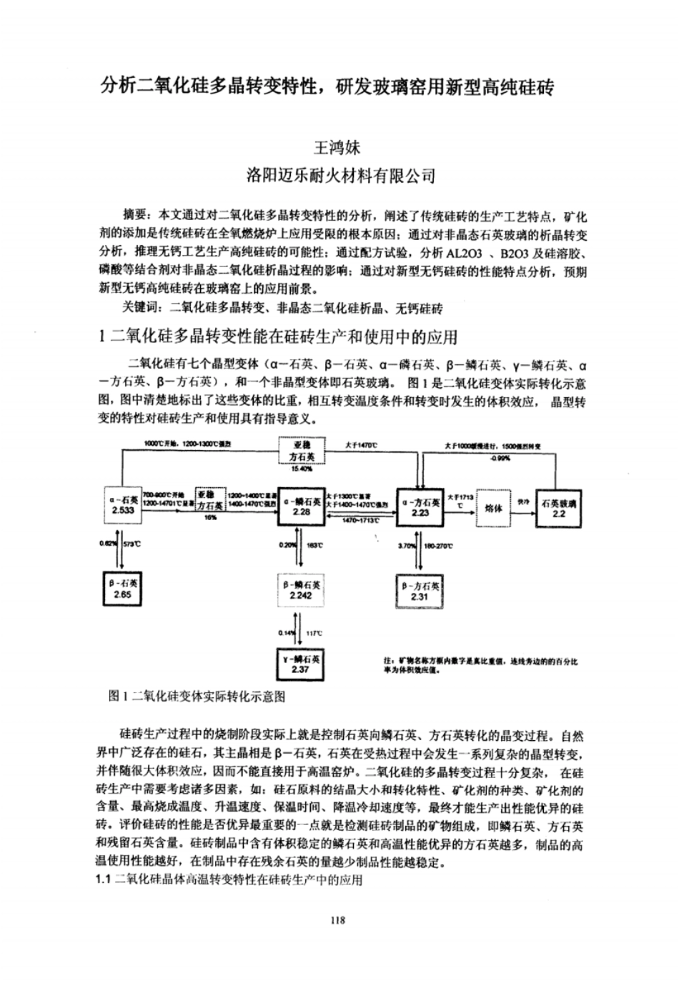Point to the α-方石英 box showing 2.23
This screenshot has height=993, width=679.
pyautogui.click(x=420, y=507)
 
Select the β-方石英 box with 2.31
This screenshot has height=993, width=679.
pyautogui.click(x=419, y=591)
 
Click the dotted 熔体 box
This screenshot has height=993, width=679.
pyautogui.click(x=494, y=508)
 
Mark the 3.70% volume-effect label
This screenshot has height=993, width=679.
pyautogui.click(x=407, y=546)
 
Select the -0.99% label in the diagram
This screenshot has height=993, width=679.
pyautogui.click(x=500, y=458)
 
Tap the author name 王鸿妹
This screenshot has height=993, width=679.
pyautogui.click(x=338, y=149)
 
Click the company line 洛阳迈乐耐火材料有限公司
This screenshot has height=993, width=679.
pyautogui.click(x=339, y=175)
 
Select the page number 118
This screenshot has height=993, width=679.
pyautogui.click(x=338, y=920)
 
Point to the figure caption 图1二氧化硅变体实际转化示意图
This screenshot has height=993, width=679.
pyautogui.click(x=197, y=695)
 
